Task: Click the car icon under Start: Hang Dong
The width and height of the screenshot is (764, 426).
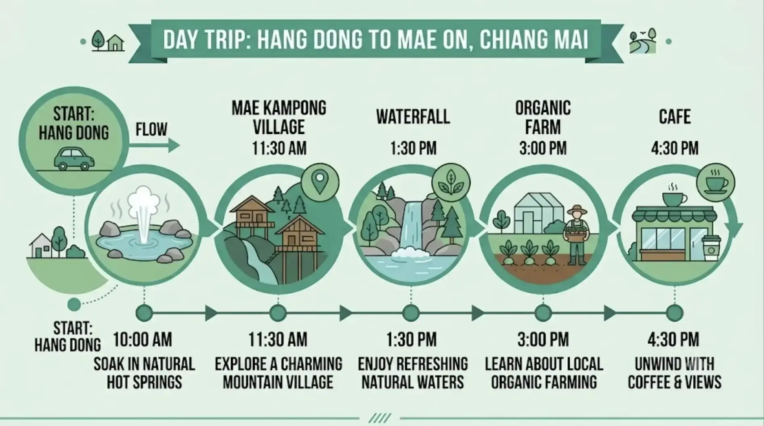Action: click(74, 159)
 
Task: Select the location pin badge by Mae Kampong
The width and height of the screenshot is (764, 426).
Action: click(320, 182)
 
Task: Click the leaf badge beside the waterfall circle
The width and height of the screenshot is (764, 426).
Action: click(451, 182)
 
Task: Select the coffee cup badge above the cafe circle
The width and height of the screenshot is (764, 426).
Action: click(716, 183)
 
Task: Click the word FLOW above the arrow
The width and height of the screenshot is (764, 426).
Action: click(151, 129)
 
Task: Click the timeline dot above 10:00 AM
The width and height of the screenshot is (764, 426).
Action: click(144, 313)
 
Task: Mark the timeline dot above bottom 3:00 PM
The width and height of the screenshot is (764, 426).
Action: click(543, 313)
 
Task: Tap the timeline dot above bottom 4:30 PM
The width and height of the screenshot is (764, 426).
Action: click(674, 313)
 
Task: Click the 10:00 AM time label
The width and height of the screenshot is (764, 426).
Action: click(143, 339)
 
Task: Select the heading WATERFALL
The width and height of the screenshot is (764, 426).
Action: click(413, 117)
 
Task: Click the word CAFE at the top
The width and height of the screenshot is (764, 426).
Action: click(674, 117)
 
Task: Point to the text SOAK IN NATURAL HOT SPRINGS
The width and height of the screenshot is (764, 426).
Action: click(144, 373)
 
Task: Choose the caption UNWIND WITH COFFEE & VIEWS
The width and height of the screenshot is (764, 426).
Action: click(674, 373)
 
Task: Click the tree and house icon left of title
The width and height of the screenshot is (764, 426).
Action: click(107, 41)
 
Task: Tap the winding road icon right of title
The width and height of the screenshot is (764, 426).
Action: click(642, 41)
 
